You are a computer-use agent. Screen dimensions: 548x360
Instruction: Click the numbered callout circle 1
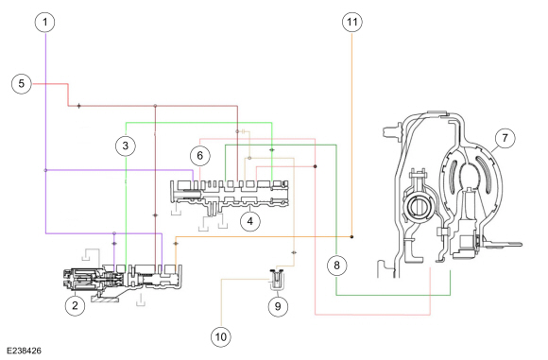(x=45, y=22)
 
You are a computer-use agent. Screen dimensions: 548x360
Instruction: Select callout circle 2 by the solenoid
(x=76, y=305)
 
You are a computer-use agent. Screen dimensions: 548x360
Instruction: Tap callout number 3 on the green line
(x=126, y=146)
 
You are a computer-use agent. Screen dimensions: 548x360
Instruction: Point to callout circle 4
(x=250, y=221)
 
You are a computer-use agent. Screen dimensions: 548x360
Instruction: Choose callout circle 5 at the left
(x=22, y=83)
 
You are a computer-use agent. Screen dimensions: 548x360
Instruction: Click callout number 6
(x=200, y=155)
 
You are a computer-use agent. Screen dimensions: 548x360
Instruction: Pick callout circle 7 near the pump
(x=505, y=137)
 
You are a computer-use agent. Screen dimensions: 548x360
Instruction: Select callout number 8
(x=337, y=265)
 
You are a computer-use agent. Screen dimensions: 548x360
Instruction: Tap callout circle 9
(x=278, y=306)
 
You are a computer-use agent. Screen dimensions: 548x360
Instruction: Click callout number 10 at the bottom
(x=221, y=337)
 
